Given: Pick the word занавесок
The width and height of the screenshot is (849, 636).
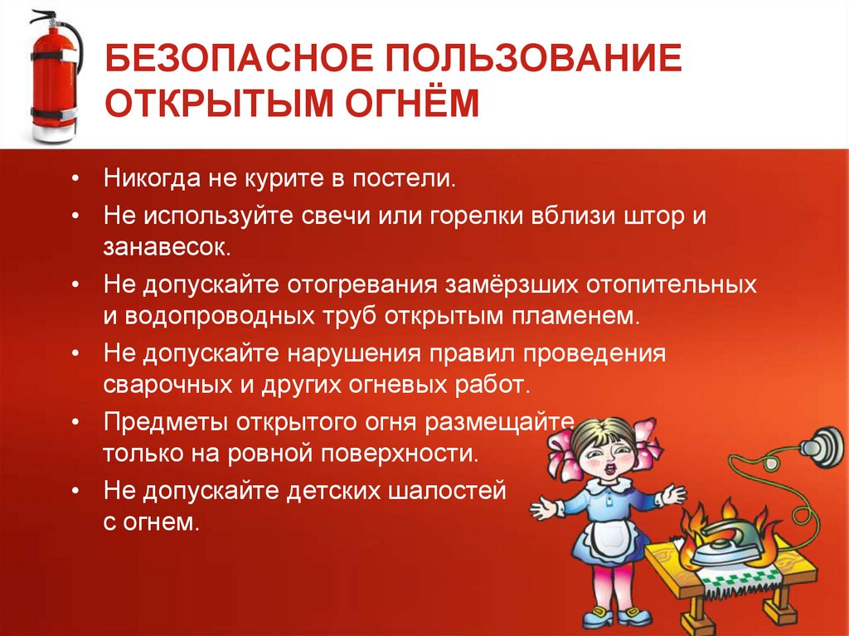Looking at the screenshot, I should click(x=162, y=247).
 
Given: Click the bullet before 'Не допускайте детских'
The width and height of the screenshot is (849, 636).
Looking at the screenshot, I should click(x=75, y=491).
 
